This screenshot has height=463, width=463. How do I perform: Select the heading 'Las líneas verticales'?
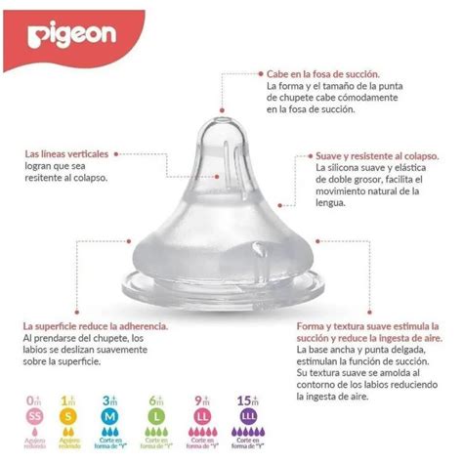click(x=66, y=153)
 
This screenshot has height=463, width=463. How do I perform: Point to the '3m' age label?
click(x=109, y=400)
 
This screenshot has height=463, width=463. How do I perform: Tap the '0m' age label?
click(x=35, y=400)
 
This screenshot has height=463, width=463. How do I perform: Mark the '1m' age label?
click(x=68, y=400)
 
